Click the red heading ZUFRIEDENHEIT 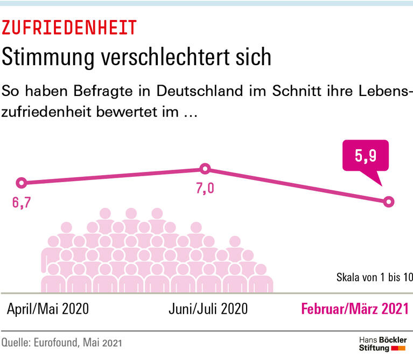pos(69,27)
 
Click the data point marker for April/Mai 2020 pos(22,183)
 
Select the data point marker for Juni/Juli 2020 pos(205,169)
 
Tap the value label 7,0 pos(205,190)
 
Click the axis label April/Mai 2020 pos(48,309)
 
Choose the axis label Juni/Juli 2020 pos(208,309)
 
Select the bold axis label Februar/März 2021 pos(354,309)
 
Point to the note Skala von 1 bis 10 pos(374,278)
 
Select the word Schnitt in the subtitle pos(302,91)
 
